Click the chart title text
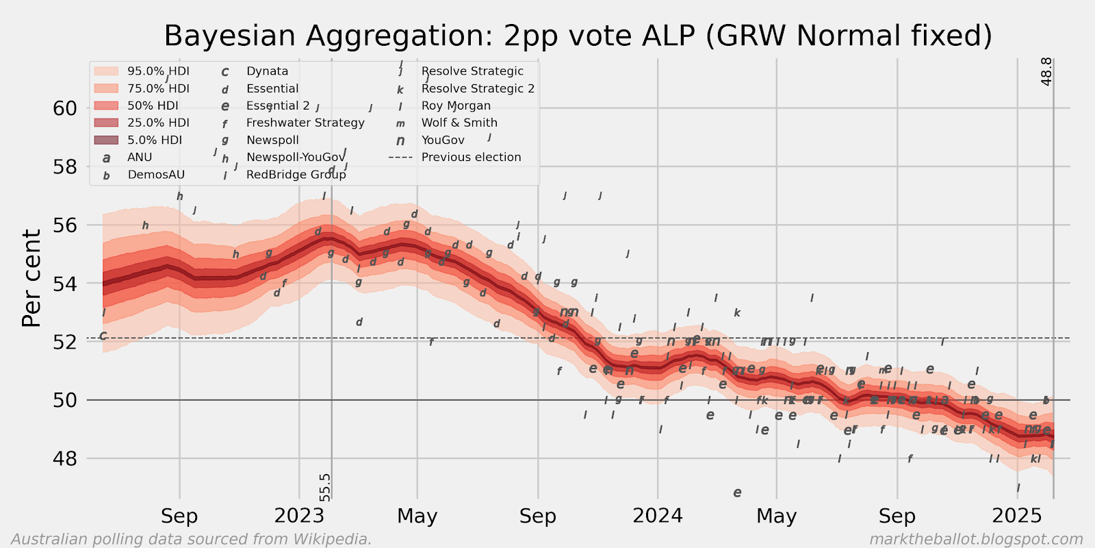pyautogui.click(x=578, y=36)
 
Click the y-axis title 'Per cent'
pyautogui.click(x=31, y=278)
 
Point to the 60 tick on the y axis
pyautogui.click(x=65, y=108)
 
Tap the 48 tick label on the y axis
pyautogui.click(x=65, y=458)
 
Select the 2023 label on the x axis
pyautogui.click(x=299, y=516)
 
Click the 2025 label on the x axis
pyautogui.click(x=1017, y=516)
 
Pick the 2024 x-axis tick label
pyautogui.click(x=657, y=516)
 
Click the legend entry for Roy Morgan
pyautogui.click(x=456, y=105)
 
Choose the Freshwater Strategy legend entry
pyautogui.click(x=305, y=123)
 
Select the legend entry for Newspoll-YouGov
pyautogui.click(x=296, y=157)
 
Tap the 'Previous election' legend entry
pyautogui.click(x=471, y=157)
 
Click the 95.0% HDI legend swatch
pyautogui.click(x=106, y=71)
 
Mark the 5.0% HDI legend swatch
pyautogui.click(x=106, y=140)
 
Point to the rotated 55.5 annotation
pyautogui.click(x=325, y=487)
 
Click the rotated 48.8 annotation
pyautogui.click(x=1046, y=72)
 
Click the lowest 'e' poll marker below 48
pyautogui.click(x=737, y=493)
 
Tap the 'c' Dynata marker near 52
pyautogui.click(x=103, y=336)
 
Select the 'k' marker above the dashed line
pyautogui.click(x=737, y=313)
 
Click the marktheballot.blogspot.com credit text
pyautogui.click(x=976, y=539)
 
